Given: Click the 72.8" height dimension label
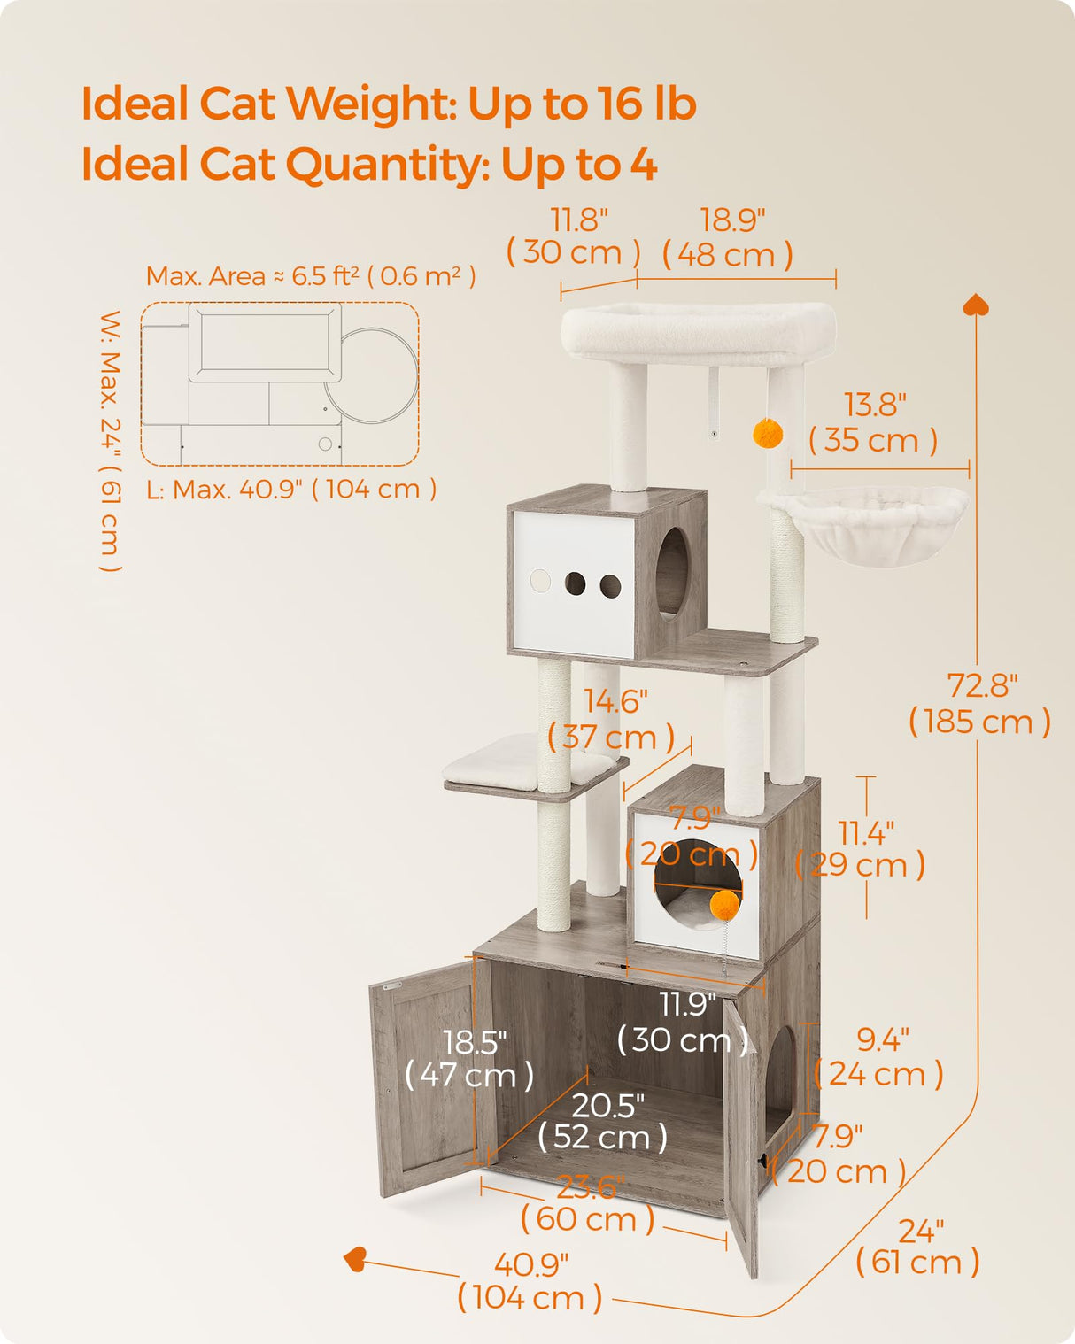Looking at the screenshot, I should (980, 704).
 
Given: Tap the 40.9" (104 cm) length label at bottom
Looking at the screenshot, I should (530, 1281).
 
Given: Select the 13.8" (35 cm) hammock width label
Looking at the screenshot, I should (873, 423).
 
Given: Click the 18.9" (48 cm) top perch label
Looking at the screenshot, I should (729, 237).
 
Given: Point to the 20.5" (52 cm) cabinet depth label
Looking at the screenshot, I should (604, 1121).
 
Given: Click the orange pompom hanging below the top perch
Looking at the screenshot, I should (767, 433).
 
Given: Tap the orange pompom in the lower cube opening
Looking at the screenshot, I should (724, 904).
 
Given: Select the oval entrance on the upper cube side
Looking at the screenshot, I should (672, 571).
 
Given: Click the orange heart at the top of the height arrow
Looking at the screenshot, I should (976, 305).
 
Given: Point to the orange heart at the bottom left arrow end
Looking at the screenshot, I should (355, 1258).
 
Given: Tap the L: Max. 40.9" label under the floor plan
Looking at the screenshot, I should (291, 489).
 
